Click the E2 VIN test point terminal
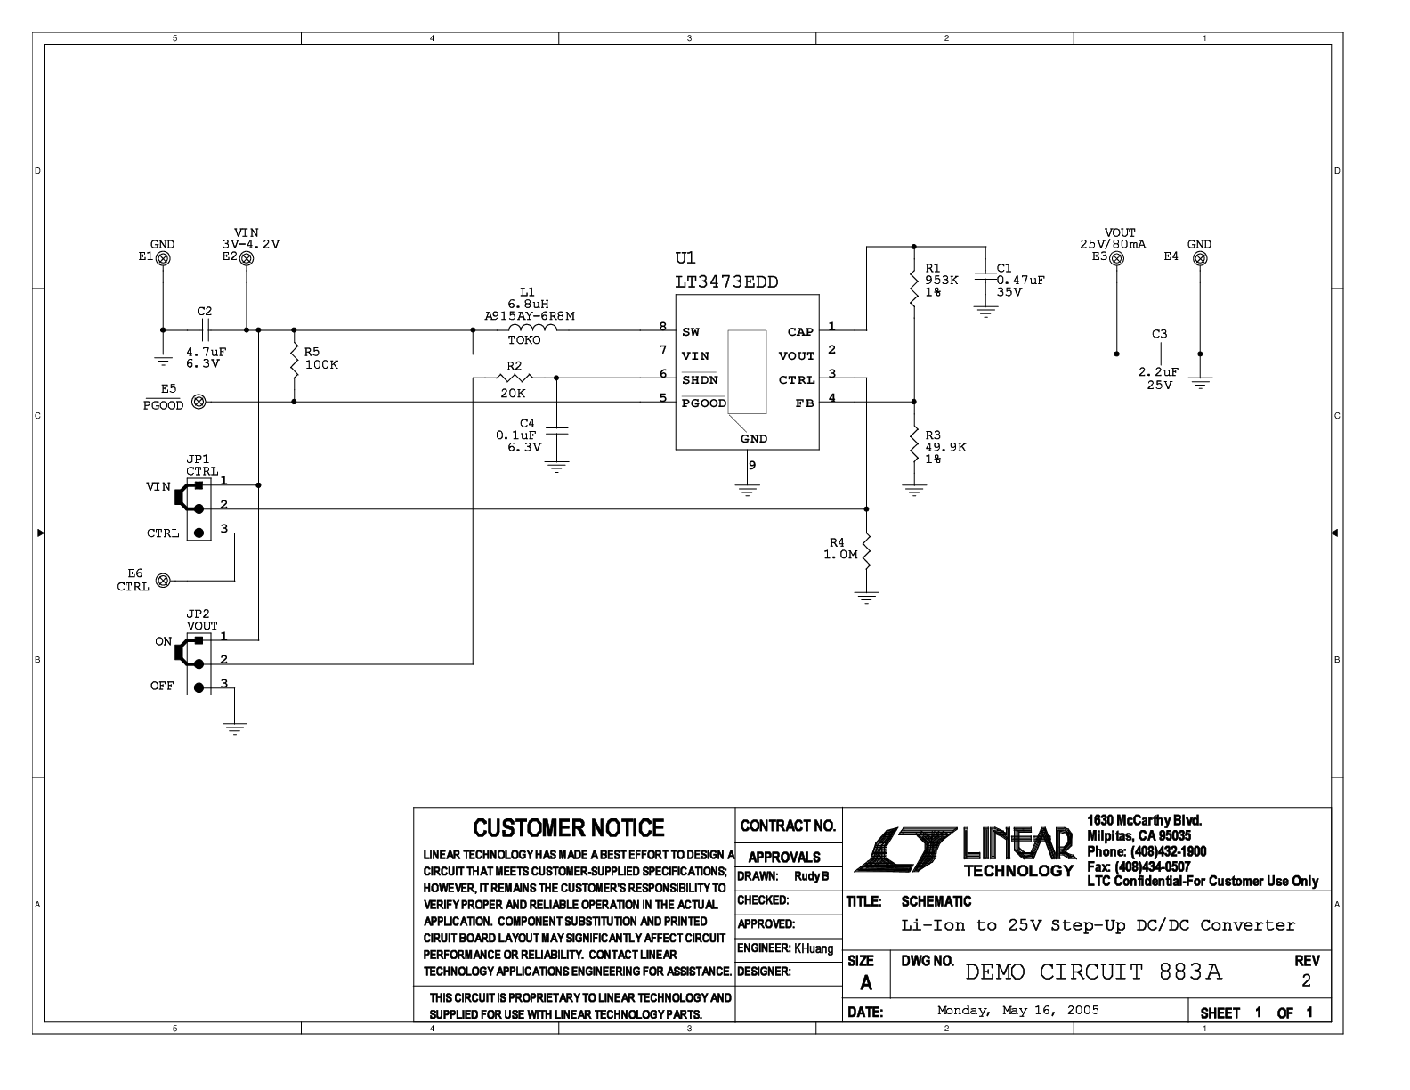click(247, 258)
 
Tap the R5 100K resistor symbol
click(294, 365)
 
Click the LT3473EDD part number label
click(726, 281)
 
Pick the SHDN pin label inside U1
click(700, 379)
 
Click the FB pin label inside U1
click(805, 403)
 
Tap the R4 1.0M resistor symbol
click(866, 552)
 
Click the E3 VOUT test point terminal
click(1117, 258)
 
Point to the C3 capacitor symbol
click(1158, 354)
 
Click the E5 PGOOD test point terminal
click(199, 402)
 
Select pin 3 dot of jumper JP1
click(199, 533)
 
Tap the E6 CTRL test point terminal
click(164, 581)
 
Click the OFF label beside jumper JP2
click(162, 687)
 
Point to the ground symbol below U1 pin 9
click(748, 490)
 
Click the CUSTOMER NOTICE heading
click(569, 828)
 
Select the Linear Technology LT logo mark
click(906, 850)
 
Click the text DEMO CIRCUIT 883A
click(1093, 972)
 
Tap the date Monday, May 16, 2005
click(1018, 1010)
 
